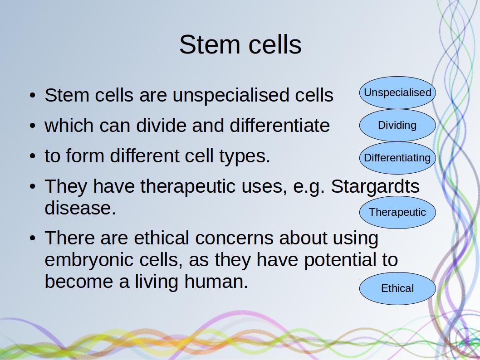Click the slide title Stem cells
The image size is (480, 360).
tap(240, 44)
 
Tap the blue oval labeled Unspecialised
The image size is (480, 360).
tap(397, 92)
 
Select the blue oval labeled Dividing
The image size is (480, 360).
tap(397, 126)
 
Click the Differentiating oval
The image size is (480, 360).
tap(397, 158)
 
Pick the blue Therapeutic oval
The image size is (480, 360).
tap(397, 212)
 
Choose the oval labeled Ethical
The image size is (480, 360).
tap(397, 288)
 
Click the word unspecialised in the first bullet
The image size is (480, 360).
tap(231, 96)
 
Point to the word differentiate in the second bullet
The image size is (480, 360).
tap(279, 126)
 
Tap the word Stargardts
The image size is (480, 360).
tap(375, 186)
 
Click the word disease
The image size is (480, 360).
tap(80, 208)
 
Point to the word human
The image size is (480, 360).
tap(216, 282)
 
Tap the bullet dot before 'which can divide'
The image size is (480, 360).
tap(33, 126)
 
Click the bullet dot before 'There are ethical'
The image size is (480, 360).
tap(33, 238)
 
